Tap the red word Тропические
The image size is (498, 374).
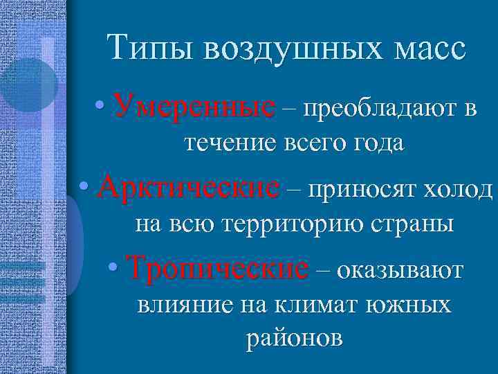click(x=219, y=267)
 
